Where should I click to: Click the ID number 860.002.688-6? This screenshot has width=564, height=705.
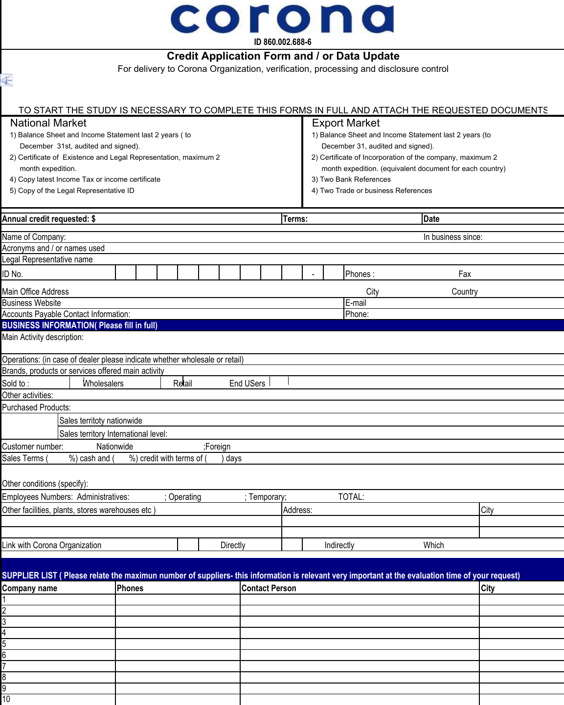coord(282,42)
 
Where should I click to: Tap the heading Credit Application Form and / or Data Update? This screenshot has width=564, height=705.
coord(283,56)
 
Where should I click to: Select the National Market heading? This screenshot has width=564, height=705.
coord(48,123)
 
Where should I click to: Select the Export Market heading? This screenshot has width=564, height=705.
coord(345,123)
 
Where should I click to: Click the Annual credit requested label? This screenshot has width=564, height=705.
coord(49,219)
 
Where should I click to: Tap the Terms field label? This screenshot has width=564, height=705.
coord(295,219)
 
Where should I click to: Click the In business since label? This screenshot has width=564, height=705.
coord(452,237)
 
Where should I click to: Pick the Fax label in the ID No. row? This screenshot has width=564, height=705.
coord(464,274)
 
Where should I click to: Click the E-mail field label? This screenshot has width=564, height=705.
coord(356,303)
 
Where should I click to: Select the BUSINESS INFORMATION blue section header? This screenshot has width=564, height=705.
coord(80,325)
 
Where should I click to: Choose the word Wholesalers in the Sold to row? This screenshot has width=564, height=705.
coord(103,384)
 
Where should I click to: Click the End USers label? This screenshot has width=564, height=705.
coord(247,384)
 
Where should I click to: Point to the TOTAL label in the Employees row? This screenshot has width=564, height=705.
coord(351,497)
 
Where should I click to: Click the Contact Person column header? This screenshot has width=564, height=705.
coord(269,588)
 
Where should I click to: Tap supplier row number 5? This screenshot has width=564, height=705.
coord(4,644)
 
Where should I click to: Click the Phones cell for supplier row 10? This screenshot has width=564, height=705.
coord(178,699)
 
